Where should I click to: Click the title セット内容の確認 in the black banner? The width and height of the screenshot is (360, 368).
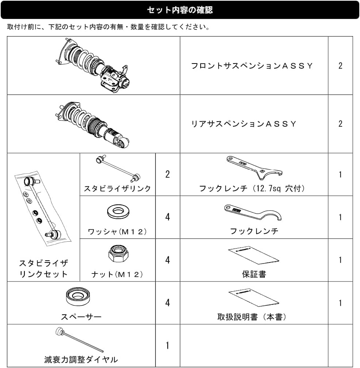[180, 10]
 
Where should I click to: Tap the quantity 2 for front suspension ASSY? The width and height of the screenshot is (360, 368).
[340, 66]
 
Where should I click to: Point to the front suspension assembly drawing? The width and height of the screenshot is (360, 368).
[93, 66]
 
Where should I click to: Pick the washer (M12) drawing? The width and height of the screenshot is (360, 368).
[118, 211]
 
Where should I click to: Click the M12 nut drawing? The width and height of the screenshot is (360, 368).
[118, 254]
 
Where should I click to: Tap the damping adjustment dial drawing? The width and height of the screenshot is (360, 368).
[79, 340]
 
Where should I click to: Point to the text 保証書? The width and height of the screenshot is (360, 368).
[254, 274]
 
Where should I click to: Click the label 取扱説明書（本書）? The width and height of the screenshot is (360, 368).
[252, 317]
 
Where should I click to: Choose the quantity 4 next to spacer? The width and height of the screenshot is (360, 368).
[167, 303]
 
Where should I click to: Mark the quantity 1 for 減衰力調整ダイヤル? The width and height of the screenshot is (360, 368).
[167, 345]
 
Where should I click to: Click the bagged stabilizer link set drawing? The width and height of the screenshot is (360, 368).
[43, 208]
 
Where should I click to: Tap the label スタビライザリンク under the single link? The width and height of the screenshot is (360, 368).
[117, 188]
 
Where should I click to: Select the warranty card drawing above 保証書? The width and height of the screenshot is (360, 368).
[254, 256]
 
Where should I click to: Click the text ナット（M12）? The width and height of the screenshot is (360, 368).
[117, 274]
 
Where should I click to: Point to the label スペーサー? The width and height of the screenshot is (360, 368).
[81, 317]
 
